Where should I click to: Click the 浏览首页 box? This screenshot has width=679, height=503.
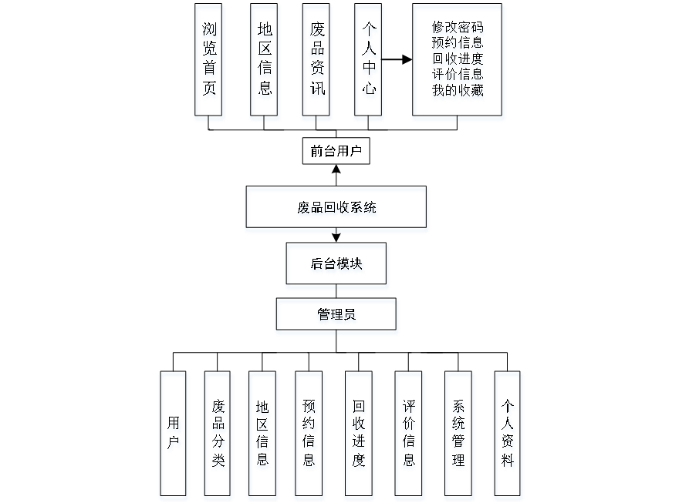209,62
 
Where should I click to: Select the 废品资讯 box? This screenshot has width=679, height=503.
317,62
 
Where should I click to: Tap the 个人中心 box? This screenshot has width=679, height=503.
369,62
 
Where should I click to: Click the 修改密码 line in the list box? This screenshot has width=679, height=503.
458,29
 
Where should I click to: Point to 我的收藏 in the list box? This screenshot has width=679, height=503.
458,91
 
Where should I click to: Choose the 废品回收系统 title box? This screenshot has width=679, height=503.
337,209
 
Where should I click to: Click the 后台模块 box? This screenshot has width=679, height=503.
337,266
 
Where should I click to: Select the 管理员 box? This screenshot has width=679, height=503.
337,317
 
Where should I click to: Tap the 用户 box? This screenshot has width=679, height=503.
174,435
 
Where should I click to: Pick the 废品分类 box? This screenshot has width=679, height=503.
218,435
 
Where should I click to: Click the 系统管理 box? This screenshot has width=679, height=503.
459,435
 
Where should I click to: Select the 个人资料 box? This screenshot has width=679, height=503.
508,435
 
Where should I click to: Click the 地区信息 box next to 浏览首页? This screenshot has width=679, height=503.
265,62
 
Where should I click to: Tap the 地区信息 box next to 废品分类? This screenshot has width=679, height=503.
263,435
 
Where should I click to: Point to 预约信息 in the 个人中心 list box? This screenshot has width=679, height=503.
458,44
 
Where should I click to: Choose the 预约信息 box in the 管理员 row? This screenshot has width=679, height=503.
309,435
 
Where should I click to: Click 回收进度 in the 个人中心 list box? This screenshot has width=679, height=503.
458,59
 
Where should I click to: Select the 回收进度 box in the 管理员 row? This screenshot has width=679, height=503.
359,435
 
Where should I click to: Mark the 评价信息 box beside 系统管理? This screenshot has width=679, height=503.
409,435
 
